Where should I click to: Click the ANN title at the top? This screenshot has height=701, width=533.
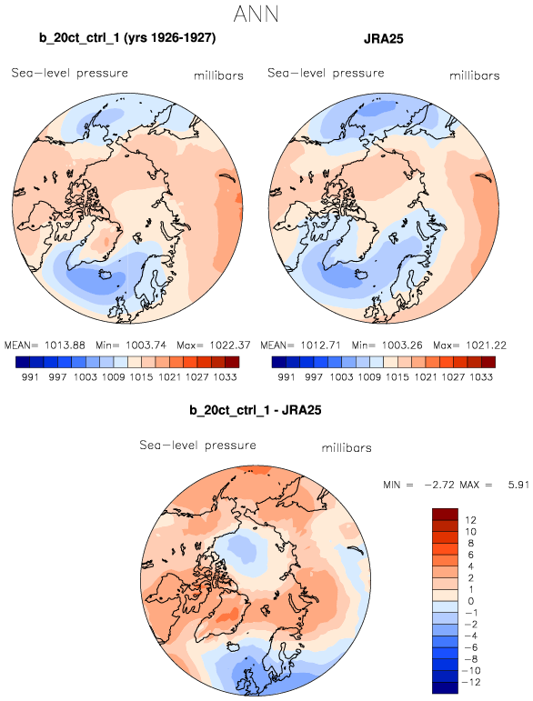[x=256, y=15]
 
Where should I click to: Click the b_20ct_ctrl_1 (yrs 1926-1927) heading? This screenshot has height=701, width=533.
[x=127, y=38]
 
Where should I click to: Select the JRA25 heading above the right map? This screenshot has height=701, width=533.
[x=384, y=38]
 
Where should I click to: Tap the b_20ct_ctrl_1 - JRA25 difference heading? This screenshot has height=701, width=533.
[x=256, y=410]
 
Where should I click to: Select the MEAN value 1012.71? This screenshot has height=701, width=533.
[x=320, y=345]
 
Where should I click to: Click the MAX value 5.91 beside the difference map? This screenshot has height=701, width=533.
[x=518, y=485]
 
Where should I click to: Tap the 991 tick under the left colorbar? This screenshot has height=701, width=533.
[x=30, y=377]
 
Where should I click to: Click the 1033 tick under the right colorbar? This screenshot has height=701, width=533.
[x=480, y=377]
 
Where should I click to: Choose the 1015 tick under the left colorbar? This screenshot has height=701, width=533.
[x=141, y=377]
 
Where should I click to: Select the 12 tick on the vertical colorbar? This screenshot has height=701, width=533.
[x=470, y=520]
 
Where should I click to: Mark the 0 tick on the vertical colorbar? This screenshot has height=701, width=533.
[x=471, y=601]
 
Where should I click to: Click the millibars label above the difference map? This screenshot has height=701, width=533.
[x=347, y=448]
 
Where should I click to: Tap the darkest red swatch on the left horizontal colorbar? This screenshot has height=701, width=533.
[x=232, y=362]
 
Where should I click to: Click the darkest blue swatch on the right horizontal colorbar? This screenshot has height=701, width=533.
[x=278, y=362]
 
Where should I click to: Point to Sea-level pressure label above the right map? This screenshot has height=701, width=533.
[x=326, y=73]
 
